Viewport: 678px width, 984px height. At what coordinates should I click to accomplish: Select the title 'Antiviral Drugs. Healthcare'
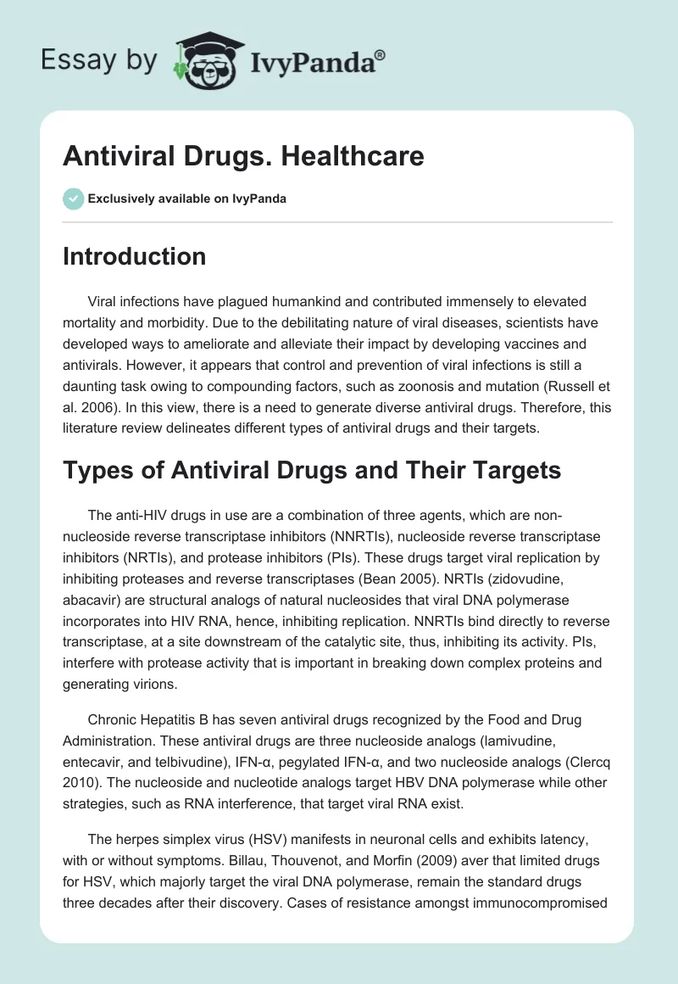[x=243, y=156]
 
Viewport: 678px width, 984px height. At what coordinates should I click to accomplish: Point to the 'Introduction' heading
[x=134, y=256]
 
